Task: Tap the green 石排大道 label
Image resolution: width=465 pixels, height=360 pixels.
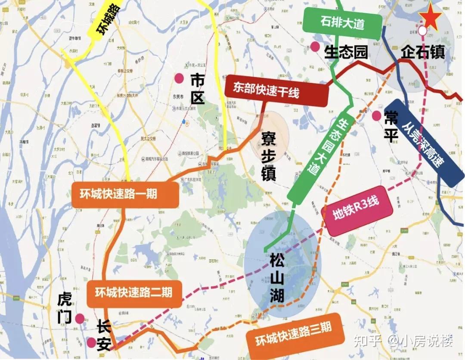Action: click(342, 23)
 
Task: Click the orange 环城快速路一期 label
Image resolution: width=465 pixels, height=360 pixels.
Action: click(118, 194)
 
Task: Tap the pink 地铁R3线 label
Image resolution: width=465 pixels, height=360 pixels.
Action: click(356, 211)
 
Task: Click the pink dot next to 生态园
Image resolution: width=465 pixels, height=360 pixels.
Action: click(316, 47)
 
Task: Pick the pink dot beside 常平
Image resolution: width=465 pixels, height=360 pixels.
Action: click(377, 115)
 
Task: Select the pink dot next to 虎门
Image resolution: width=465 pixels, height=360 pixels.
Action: click(79, 318)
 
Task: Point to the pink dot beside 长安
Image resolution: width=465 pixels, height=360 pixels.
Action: click(91, 342)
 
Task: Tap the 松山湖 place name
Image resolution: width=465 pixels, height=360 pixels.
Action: click(277, 277)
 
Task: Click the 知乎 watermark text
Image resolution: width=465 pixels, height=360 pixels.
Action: click(367, 341)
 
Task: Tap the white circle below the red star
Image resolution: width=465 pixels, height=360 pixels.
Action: click(423, 31)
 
